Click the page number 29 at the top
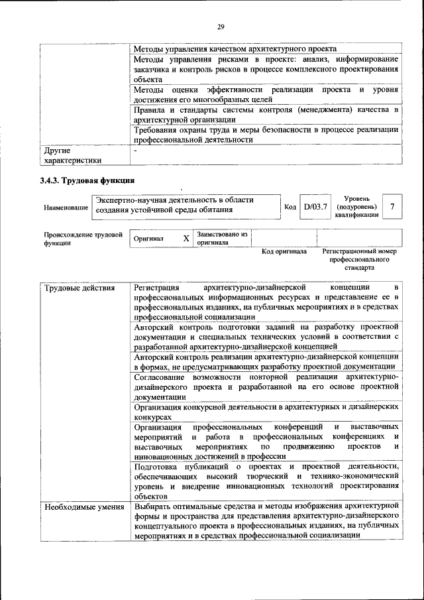[221, 27]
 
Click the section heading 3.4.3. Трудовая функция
[87, 180]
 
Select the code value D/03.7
[315, 208]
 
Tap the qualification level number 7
[393, 207]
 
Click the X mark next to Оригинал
[186, 238]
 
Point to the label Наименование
[66, 208]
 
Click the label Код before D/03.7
[290, 208]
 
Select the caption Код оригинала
[265, 252]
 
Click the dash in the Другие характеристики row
[135, 150]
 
